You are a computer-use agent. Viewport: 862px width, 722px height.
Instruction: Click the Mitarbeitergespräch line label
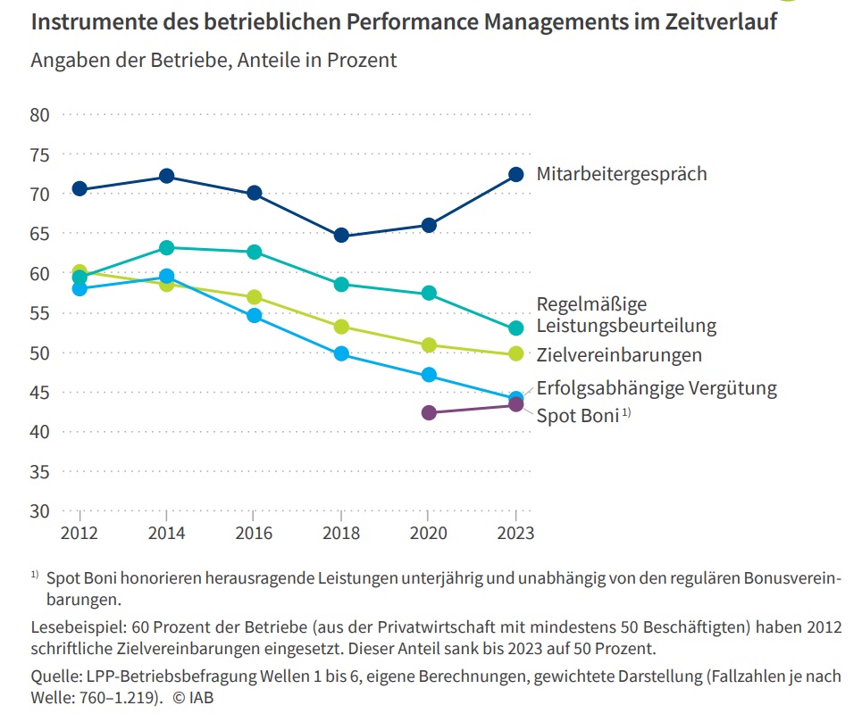pyautogui.click(x=621, y=173)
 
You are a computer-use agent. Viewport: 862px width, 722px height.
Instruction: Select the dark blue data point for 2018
pyautogui.click(x=341, y=236)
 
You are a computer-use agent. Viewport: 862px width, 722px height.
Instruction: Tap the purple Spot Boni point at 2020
pyautogui.click(x=429, y=412)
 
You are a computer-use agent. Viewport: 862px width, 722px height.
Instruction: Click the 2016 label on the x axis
pyautogui.click(x=254, y=533)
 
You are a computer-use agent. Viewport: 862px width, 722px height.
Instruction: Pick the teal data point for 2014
pyautogui.click(x=166, y=247)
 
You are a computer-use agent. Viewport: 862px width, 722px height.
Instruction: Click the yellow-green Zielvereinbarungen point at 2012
pyautogui.click(x=80, y=271)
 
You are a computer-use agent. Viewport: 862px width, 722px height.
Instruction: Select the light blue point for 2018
pyautogui.click(x=341, y=354)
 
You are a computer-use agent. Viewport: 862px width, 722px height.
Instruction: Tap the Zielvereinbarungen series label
pyautogui.click(x=619, y=355)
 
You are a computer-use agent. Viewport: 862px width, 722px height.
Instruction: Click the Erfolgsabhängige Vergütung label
pyautogui.click(x=656, y=387)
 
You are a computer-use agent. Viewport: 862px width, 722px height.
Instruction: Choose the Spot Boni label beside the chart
pyautogui.click(x=577, y=415)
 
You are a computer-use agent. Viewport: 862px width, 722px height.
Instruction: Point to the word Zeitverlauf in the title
pyautogui.click(x=711, y=22)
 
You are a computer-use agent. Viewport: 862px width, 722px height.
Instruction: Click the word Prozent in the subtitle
pyautogui.click(x=361, y=61)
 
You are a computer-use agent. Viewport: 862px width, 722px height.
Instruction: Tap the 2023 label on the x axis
pyautogui.click(x=515, y=533)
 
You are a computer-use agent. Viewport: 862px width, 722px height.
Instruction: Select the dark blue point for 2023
pyautogui.click(x=515, y=174)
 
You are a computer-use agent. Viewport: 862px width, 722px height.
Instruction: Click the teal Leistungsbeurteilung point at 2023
pyautogui.click(x=515, y=328)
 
